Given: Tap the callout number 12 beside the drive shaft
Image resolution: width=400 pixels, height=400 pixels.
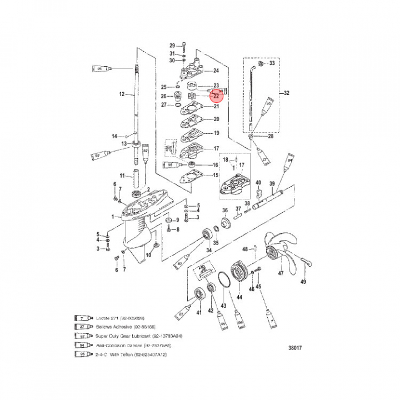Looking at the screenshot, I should click(x=123, y=94).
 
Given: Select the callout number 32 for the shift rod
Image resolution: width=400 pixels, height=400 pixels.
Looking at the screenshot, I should click(x=287, y=93).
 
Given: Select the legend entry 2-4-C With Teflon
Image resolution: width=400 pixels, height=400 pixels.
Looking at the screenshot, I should click(x=123, y=354).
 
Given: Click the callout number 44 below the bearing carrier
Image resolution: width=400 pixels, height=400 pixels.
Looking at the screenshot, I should click(x=239, y=298).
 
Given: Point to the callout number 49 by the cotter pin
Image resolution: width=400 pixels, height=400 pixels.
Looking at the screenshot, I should click(x=303, y=282).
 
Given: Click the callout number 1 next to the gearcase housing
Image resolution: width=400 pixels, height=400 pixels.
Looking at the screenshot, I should click(x=113, y=217).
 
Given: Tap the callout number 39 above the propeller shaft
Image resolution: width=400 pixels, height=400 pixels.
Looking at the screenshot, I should click(x=272, y=184).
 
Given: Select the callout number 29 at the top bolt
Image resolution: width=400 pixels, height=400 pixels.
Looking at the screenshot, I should click(x=172, y=45).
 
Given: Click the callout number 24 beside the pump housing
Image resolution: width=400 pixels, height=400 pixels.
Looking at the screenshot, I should click(x=216, y=71).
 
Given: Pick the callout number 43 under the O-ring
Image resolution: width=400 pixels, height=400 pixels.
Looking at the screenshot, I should click(x=224, y=306).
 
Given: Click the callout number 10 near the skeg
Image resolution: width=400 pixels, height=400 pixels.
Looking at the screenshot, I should click(x=148, y=255).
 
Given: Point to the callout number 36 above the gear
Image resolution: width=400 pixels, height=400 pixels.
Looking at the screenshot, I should click(x=225, y=211).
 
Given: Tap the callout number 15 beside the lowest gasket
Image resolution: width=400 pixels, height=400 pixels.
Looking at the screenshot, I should click(x=216, y=176).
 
